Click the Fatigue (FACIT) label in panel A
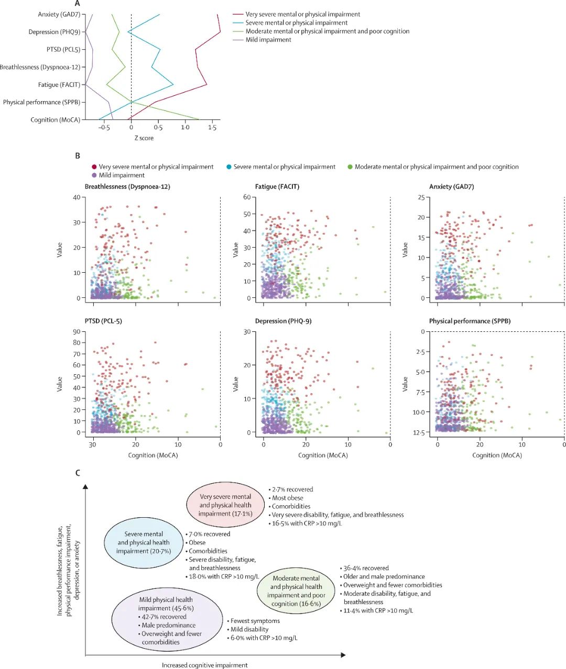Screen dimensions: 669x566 pos(59,85)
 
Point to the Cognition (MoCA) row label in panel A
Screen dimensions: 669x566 pos(55,120)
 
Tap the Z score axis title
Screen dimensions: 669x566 pos(144,138)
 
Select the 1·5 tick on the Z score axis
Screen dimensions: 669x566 pos(212,128)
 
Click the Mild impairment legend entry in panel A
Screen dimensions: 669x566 pos(268,40)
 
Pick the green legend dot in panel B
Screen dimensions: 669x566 pos(350,167)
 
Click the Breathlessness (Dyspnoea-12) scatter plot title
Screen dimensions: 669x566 pos(127,187)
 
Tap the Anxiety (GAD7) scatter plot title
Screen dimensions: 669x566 pos(451,187)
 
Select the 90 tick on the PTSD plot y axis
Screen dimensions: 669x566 pos(77,332)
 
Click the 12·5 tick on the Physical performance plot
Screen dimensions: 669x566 pos(419,432)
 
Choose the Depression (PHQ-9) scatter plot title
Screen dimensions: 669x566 pos(283,321)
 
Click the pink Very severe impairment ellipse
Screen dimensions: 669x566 pos(225,505)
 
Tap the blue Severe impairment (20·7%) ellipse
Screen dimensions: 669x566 pos(144,543)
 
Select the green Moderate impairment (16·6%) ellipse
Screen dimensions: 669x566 pos(296,591)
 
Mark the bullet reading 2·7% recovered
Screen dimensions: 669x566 pos(292,490)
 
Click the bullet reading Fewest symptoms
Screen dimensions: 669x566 pos(255,621)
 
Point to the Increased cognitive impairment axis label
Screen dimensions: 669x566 pos(204,665)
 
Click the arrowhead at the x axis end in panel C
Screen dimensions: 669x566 pos(343,655)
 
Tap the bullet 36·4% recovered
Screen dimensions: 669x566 pos(366,568)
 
